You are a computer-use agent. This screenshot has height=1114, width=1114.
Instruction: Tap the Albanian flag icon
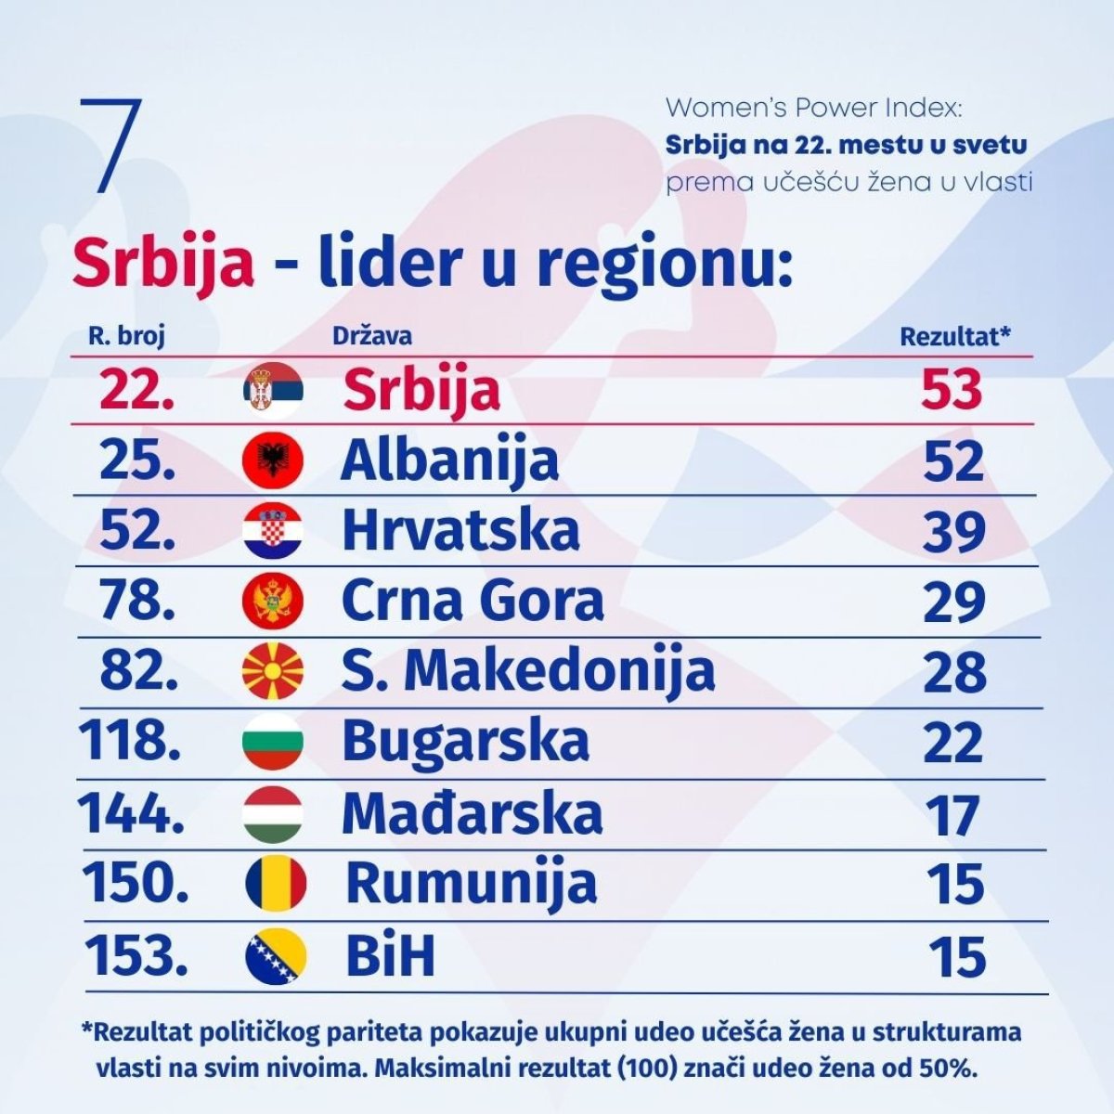(x=273, y=460)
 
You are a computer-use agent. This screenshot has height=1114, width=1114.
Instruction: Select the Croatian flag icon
(x=273, y=531)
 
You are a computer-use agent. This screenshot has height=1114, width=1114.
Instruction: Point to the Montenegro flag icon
(x=273, y=602)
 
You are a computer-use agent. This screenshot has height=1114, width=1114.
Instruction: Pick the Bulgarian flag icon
(x=273, y=742)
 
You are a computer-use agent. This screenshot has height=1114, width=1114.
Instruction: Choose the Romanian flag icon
(x=276, y=884)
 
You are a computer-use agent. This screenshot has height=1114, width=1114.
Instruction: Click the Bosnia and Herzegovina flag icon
(x=276, y=956)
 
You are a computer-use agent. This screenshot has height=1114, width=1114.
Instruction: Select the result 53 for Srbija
(x=951, y=390)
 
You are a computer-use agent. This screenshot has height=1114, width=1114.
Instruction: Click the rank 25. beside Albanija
(x=137, y=460)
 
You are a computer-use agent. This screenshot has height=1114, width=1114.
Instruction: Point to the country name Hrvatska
(x=460, y=531)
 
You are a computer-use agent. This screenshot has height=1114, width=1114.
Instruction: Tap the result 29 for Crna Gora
(x=953, y=603)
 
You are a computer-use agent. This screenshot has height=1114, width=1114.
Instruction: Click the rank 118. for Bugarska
(x=130, y=741)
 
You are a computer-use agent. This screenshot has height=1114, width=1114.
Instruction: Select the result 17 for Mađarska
(x=953, y=815)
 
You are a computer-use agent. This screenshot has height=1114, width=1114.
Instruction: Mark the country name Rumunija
(x=471, y=884)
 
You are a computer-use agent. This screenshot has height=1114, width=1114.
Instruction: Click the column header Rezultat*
(x=955, y=336)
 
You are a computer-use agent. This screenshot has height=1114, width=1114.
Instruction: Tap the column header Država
(x=371, y=335)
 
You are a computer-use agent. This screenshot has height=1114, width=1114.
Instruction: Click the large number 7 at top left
(x=111, y=145)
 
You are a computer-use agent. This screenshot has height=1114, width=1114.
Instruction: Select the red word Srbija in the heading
(x=163, y=262)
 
